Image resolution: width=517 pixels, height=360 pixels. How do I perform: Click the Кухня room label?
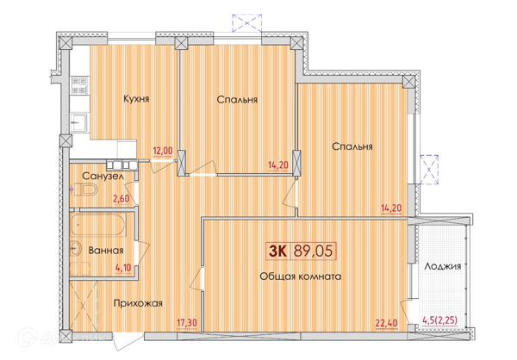pyautogui.click(x=136, y=98)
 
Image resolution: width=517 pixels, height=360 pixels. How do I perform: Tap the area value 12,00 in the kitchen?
pyautogui.click(x=163, y=151)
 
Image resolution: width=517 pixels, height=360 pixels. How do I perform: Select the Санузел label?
pyautogui.click(x=103, y=177)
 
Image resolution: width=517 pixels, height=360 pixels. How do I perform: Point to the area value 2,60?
pyautogui.click(x=121, y=199)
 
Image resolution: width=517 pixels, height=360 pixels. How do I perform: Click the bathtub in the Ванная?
pyautogui.click(x=98, y=225)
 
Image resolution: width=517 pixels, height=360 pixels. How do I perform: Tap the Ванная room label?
pyautogui.click(x=106, y=251)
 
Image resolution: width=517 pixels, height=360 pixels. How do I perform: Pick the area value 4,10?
pyautogui.click(x=123, y=267)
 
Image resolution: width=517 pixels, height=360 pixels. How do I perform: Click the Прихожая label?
pyautogui.click(x=138, y=303)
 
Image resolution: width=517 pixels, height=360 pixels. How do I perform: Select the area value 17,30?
pyautogui.click(x=187, y=322)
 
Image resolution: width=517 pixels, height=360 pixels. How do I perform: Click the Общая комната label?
pyautogui.click(x=301, y=276)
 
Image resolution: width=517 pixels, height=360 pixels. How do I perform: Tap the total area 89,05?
pyautogui.click(x=313, y=251)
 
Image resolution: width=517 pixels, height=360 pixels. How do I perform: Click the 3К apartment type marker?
pyautogui.click(x=277, y=251)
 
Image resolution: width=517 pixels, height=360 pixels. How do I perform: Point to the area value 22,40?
pyautogui.click(x=386, y=323)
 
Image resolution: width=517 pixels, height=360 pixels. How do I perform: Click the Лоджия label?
pyautogui.click(x=443, y=266)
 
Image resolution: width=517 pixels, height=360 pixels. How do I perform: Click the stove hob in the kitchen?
pyautogui.click(x=79, y=85)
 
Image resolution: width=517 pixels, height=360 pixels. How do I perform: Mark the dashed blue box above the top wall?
pyautogui.click(x=247, y=22)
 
